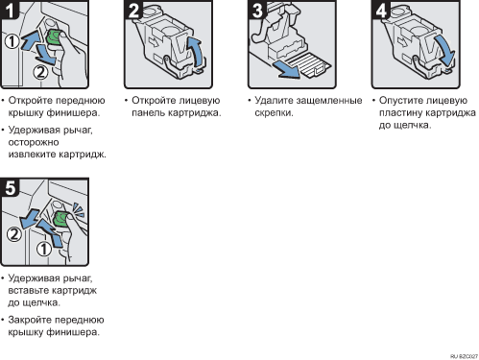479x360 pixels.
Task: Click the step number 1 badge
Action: point(10,10)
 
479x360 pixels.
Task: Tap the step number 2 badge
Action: point(133,10)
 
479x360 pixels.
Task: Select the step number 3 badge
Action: point(257,10)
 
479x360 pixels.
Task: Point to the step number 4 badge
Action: point(381,10)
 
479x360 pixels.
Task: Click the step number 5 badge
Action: point(10,187)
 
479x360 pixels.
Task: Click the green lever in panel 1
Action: point(54,37)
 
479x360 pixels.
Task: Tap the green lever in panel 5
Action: point(60,219)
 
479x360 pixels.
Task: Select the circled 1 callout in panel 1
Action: point(12,41)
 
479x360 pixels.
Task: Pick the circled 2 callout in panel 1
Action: point(40,72)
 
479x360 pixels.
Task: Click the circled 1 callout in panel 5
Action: point(44,249)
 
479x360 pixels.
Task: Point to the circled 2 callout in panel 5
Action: point(14,234)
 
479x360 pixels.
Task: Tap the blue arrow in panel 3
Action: point(286,70)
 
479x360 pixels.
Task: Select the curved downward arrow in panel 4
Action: point(444,50)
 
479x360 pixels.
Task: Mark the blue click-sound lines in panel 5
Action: point(79,209)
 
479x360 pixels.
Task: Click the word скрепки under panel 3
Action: point(274,113)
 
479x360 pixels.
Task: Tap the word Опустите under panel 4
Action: point(398,101)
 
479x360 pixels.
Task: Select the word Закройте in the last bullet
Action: point(29,320)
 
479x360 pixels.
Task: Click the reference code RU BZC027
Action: point(464,356)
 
